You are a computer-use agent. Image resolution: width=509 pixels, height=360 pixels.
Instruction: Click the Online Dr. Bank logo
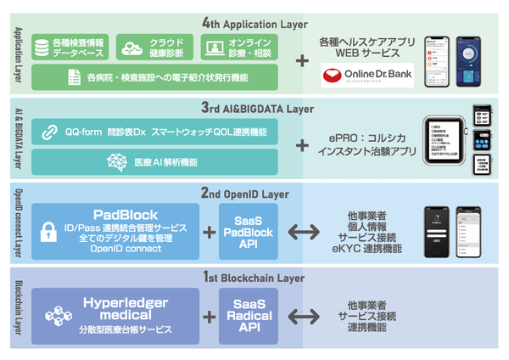point(366,74)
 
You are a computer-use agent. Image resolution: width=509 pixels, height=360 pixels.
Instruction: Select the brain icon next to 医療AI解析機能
point(116,161)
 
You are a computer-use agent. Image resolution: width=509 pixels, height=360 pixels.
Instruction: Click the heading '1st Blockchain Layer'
point(255,278)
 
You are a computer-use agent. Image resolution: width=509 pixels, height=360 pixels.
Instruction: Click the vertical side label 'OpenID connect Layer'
point(18,223)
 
